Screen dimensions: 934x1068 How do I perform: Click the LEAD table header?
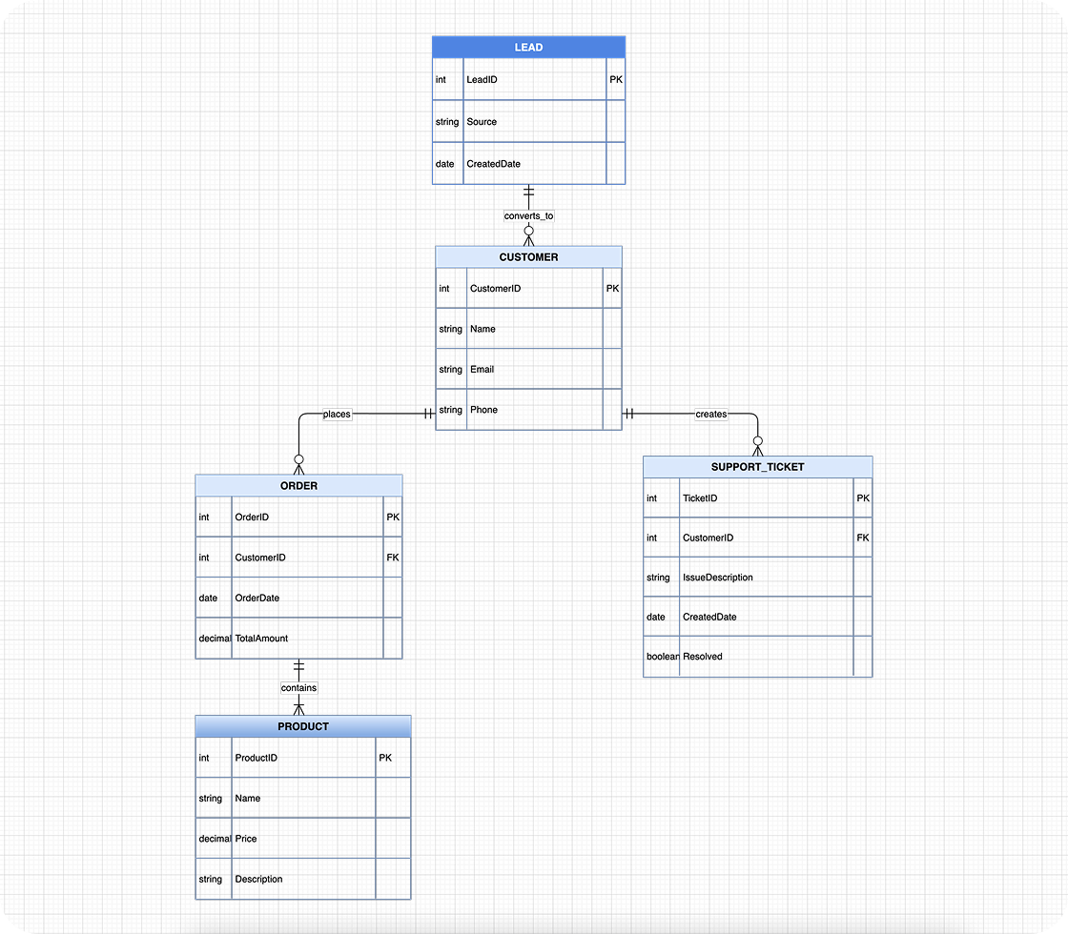pyautogui.click(x=528, y=47)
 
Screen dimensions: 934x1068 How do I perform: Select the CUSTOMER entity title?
pyautogui.click(x=528, y=257)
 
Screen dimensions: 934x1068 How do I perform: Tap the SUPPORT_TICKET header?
pyautogui.click(x=757, y=467)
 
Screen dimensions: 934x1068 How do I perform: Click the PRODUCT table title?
pyautogui.click(x=302, y=726)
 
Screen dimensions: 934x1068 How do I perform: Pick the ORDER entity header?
pyautogui.click(x=298, y=486)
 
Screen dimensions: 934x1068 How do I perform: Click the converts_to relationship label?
pyautogui.click(x=528, y=216)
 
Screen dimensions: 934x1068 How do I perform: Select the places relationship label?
pyautogui.click(x=337, y=414)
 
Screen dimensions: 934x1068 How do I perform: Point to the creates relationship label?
pyautogui.click(x=710, y=414)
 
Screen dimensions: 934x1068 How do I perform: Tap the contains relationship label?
pyautogui.click(x=298, y=687)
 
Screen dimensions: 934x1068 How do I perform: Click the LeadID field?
pyautogui.click(x=482, y=80)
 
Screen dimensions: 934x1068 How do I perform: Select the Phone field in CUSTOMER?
pyautogui.click(x=483, y=410)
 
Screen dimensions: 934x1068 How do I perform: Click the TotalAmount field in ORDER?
pyautogui.click(x=261, y=639)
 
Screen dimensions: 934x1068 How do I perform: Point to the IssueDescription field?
pyautogui.click(x=717, y=578)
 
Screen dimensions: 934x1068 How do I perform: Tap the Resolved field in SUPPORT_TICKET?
pyautogui.click(x=703, y=657)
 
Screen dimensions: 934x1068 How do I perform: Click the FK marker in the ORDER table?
pyautogui.click(x=393, y=558)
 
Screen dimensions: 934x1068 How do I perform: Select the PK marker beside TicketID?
pyautogui.click(x=863, y=498)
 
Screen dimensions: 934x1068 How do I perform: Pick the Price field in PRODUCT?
pyautogui.click(x=245, y=839)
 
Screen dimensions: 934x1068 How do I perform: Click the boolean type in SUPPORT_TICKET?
pyautogui.click(x=663, y=657)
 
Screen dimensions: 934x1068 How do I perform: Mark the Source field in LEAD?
pyautogui.click(x=482, y=122)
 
